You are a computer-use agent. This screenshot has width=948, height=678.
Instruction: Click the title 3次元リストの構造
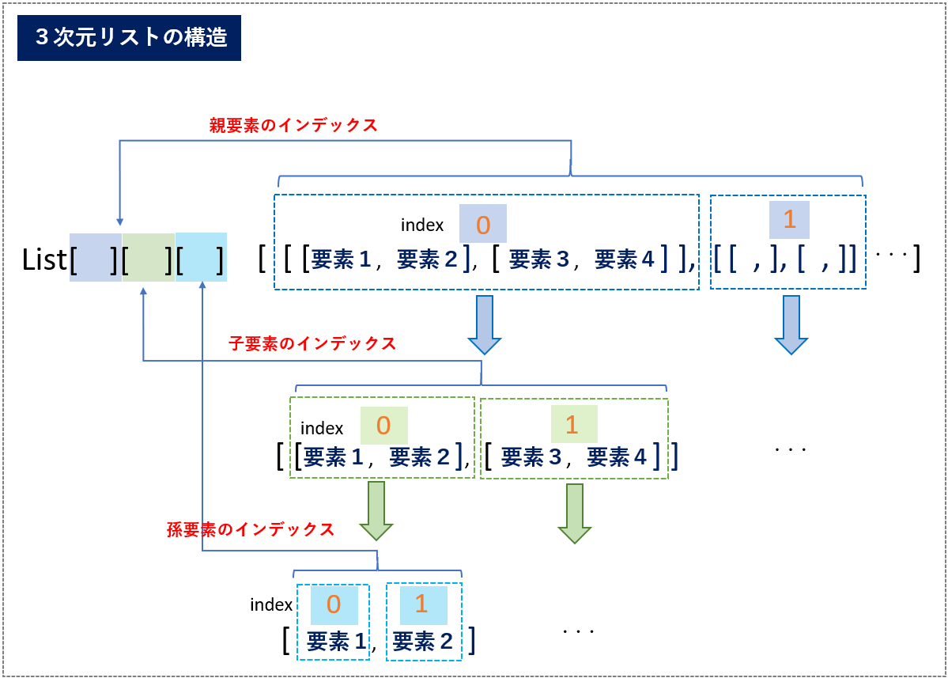tap(131, 37)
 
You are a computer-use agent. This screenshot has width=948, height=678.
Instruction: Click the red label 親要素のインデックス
tap(293, 125)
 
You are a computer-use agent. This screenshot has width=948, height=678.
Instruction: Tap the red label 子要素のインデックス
tap(312, 343)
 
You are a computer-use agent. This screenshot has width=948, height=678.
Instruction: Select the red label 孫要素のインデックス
tap(251, 529)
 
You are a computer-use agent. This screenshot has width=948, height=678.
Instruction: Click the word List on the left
tap(44, 259)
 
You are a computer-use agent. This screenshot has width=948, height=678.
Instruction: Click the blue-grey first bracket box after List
tap(96, 257)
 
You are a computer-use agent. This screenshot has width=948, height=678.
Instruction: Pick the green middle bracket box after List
tap(149, 257)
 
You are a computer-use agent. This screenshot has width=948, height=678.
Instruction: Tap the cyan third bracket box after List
tap(202, 257)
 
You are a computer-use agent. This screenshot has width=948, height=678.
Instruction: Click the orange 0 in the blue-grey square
tap(483, 225)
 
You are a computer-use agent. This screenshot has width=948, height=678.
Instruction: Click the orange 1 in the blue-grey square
tap(790, 219)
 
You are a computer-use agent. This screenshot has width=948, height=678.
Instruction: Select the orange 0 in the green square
tap(383, 425)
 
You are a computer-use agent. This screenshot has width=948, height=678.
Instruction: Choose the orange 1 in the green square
tap(572, 425)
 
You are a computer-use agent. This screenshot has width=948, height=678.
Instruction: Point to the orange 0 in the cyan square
tap(334, 604)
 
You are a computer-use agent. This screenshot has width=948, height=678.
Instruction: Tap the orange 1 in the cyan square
tap(421, 604)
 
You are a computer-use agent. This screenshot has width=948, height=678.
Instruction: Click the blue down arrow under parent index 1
tap(791, 325)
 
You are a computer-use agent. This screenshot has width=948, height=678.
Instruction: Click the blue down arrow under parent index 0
tap(484, 325)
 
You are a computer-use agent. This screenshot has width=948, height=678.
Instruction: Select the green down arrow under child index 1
tap(574, 513)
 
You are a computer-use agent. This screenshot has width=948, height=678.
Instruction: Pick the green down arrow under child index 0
tap(376, 511)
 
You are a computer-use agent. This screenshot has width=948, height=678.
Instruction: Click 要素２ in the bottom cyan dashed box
tap(423, 641)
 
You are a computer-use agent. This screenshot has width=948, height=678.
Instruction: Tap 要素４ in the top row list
tap(625, 259)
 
